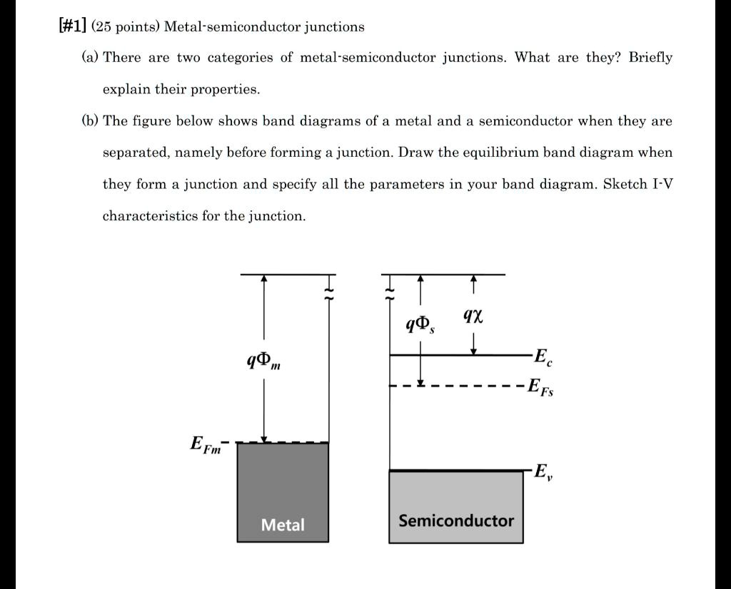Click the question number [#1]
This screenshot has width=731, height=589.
click(72, 26)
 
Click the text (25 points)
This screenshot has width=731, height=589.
click(125, 27)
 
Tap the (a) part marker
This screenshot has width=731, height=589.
click(90, 58)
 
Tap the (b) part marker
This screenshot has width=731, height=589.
click(90, 121)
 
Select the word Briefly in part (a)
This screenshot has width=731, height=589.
click(650, 58)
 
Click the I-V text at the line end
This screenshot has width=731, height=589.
click(662, 184)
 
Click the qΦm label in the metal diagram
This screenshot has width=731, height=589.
click(263, 361)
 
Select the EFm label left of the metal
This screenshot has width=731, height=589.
click(206, 445)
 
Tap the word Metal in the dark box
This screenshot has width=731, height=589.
click(283, 526)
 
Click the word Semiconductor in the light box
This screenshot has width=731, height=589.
click(456, 521)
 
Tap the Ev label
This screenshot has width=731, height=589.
click(542, 471)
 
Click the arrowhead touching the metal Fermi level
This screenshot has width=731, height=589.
click(264, 438)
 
